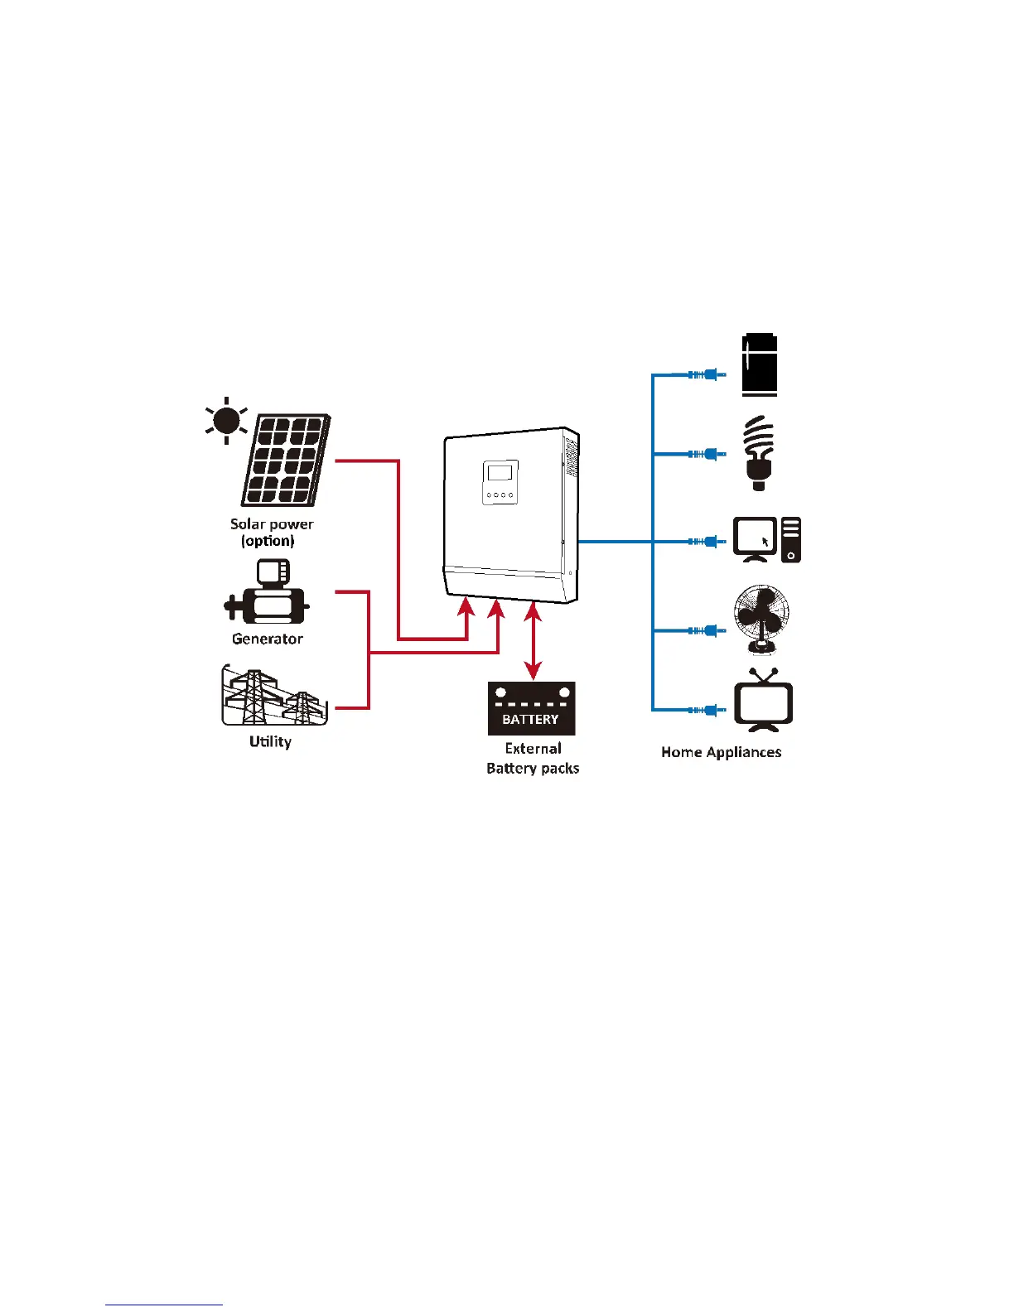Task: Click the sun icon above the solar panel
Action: [x=226, y=421]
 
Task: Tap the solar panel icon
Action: [x=287, y=461]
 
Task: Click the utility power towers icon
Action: [x=274, y=697]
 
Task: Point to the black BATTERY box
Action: [x=531, y=708]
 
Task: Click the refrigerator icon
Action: [x=760, y=364]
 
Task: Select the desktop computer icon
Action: [x=766, y=539]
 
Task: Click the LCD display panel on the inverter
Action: [x=500, y=473]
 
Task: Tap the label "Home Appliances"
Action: [x=721, y=752]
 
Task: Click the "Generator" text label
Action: [x=267, y=639]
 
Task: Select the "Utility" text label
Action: [x=270, y=741]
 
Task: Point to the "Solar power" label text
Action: [x=272, y=523]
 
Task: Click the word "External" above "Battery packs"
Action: [x=533, y=748]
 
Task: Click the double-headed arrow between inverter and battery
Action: [x=534, y=642]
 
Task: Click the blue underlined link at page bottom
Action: [x=164, y=1305]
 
